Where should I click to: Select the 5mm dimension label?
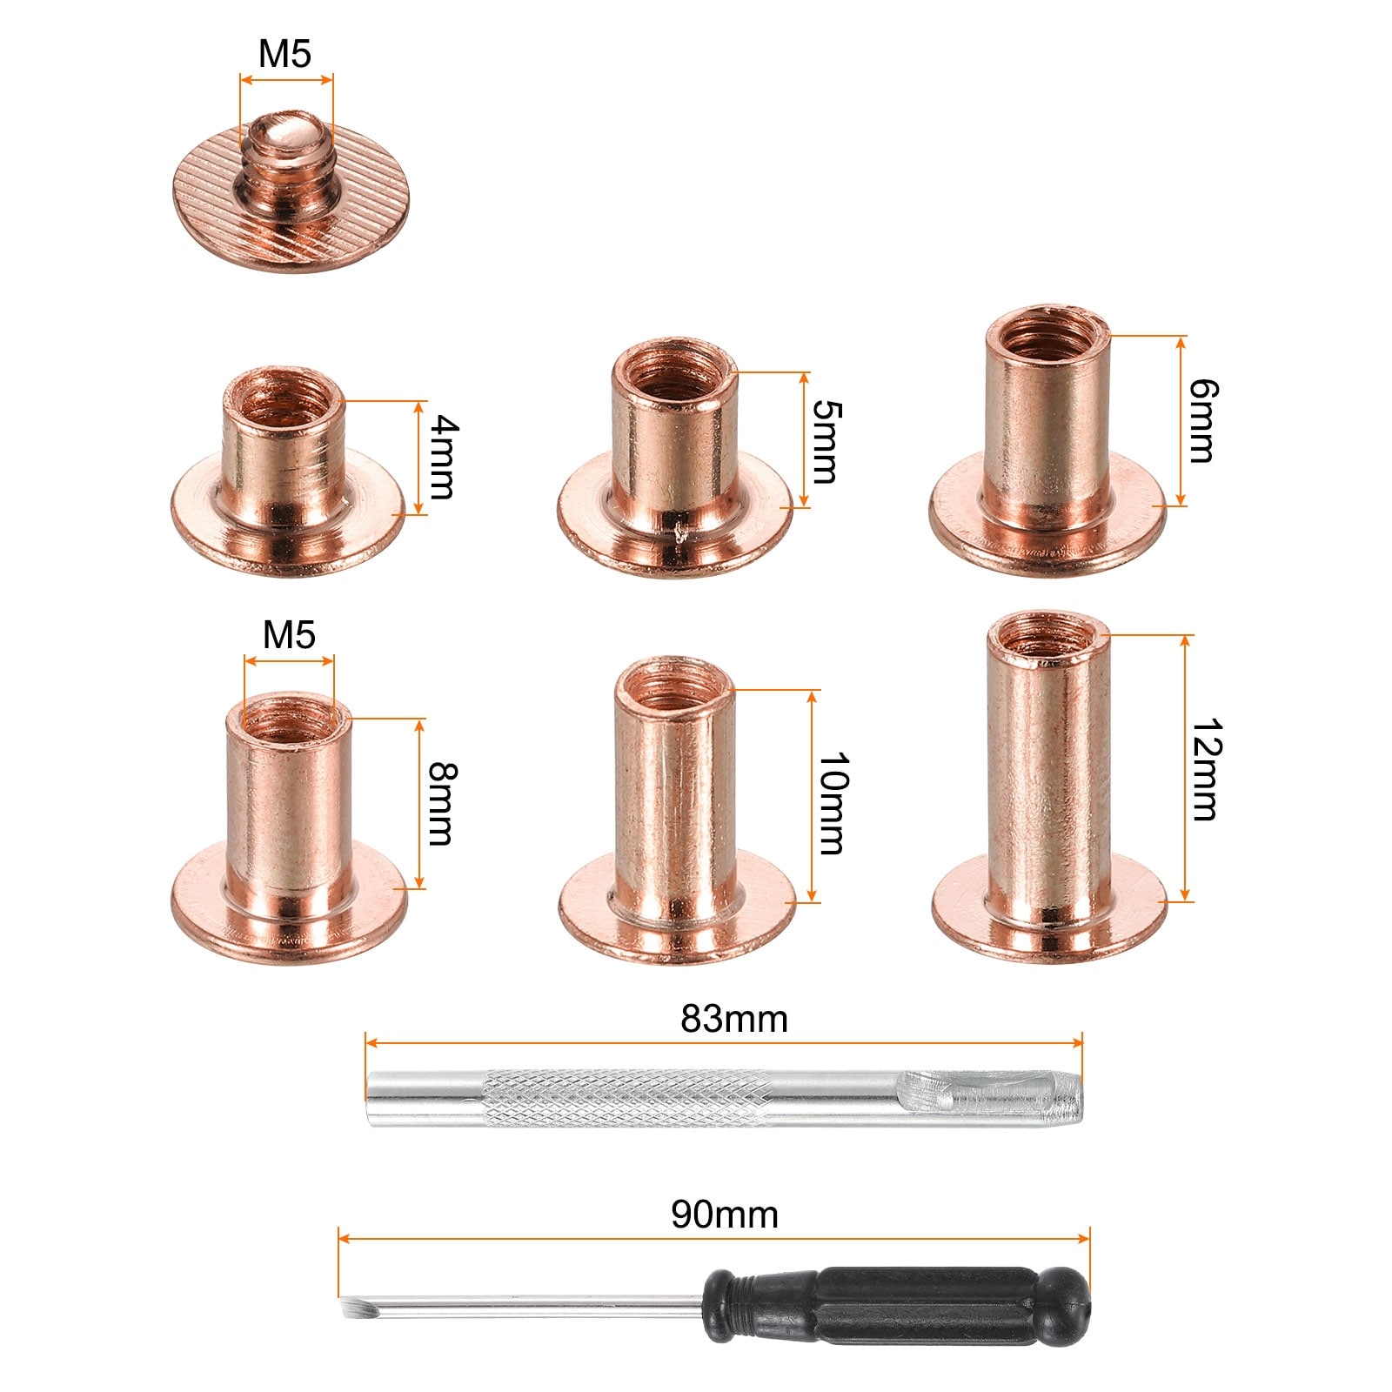824,441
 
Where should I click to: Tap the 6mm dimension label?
1202,421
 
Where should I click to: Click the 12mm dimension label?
1204,769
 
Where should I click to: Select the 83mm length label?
734,1020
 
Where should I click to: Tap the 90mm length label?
725,1215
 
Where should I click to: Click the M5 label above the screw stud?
285,54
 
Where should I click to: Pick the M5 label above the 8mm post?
289,635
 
